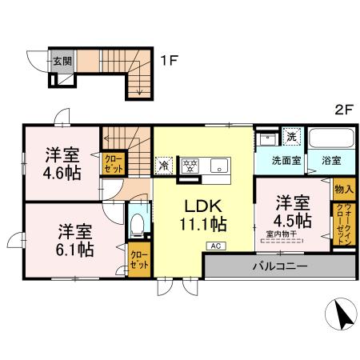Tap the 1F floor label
point(168,60)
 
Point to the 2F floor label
point(343,112)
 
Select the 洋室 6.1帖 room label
point(74,240)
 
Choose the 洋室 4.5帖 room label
point(294,210)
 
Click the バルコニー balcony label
point(280,265)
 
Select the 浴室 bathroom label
point(330,159)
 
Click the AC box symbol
point(216,246)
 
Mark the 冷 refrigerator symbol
point(163,167)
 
